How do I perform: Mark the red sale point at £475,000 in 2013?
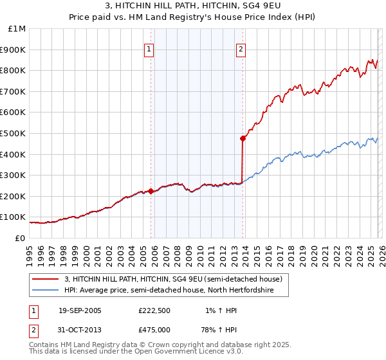243,138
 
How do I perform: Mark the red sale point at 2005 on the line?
151,191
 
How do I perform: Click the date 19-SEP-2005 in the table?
80,310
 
